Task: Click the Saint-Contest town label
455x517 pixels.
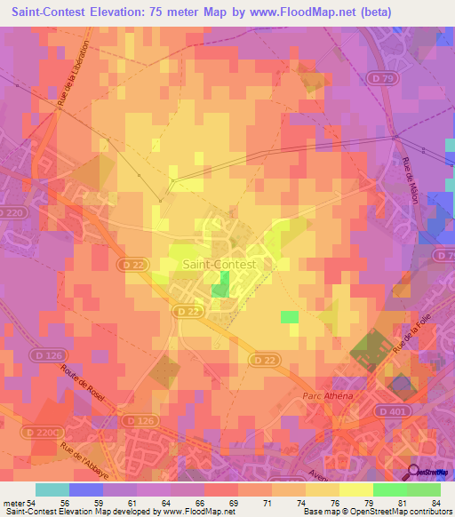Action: [x=219, y=264]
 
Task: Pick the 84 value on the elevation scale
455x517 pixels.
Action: [x=435, y=502]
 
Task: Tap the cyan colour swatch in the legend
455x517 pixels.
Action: [x=52, y=489]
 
